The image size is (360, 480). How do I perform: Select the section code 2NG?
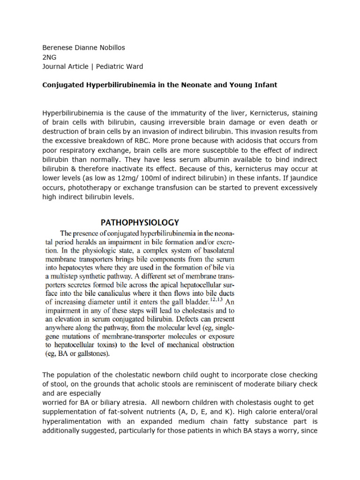(49, 57)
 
